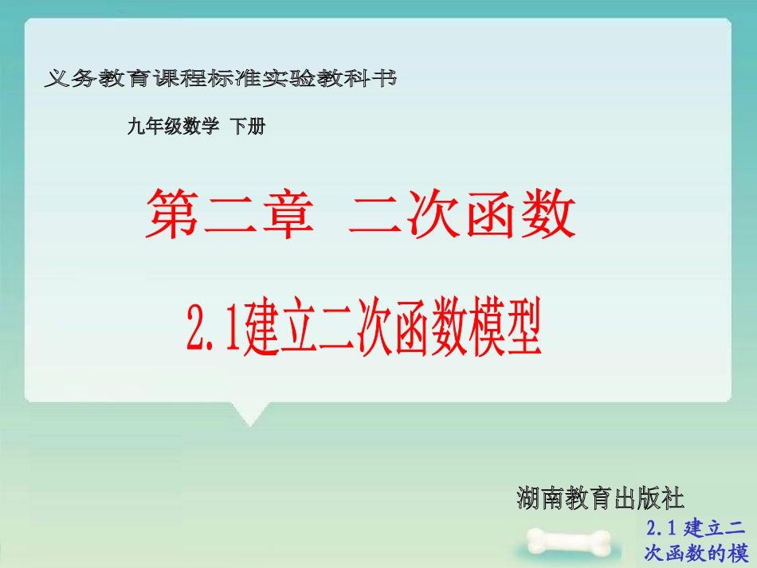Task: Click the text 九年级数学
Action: [172, 126]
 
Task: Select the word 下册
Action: [247, 126]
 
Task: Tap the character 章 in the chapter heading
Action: [283, 213]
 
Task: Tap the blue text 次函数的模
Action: [697, 553]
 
